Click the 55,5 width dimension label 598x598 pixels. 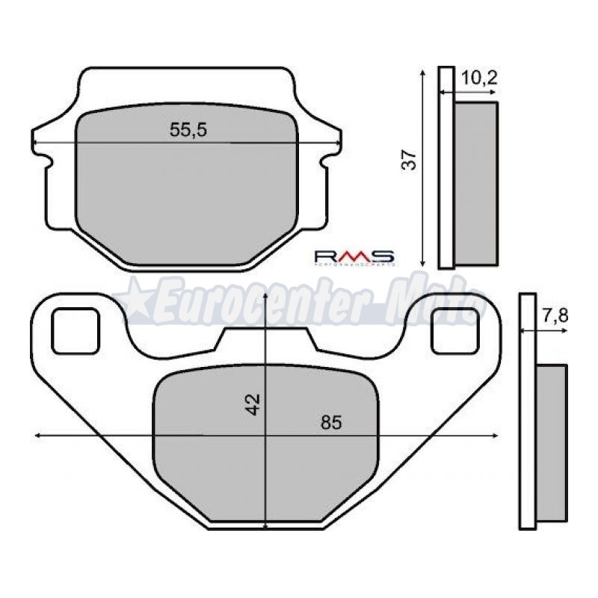click(188, 130)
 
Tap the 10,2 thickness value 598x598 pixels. click(479, 76)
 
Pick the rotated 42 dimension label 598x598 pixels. click(254, 404)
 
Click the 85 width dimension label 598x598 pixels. click(330, 422)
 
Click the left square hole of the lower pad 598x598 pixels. click(75, 331)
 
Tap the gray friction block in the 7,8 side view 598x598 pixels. click(552, 441)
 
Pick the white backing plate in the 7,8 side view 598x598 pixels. click(528, 411)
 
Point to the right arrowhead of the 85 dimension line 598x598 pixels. click(496, 436)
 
